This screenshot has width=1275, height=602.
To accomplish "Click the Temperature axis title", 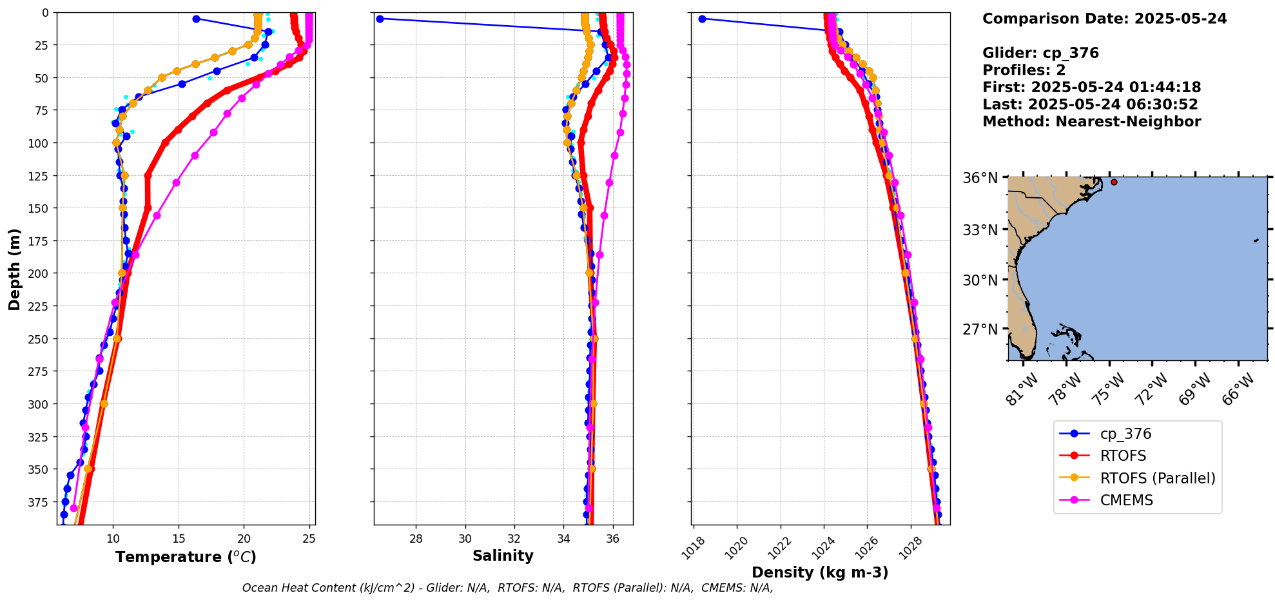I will tap(186, 557).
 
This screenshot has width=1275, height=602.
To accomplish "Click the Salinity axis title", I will tap(503, 556).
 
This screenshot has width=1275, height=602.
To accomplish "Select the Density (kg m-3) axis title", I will tap(820, 572).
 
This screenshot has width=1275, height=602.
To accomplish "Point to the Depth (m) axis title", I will tap(14, 269).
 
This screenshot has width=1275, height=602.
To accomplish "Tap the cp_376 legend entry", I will tap(1125, 434).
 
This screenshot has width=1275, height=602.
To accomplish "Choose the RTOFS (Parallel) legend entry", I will tap(1157, 478).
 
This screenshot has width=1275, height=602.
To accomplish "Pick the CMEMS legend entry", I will tap(1126, 500).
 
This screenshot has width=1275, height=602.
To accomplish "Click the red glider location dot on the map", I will tap(1114, 182).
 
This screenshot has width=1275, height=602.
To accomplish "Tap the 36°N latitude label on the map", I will tap(980, 178).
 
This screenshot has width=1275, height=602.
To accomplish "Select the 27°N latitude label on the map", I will tap(980, 329).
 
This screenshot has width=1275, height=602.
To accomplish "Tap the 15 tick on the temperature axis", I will tap(179, 539).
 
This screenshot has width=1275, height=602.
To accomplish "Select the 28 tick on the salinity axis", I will tap(416, 539).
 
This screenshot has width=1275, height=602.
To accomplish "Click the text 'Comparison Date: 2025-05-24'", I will tap(1104, 19).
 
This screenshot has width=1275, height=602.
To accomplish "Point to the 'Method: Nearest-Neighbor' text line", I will tap(1091, 122).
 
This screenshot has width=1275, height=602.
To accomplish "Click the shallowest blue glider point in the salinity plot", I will tap(380, 19).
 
